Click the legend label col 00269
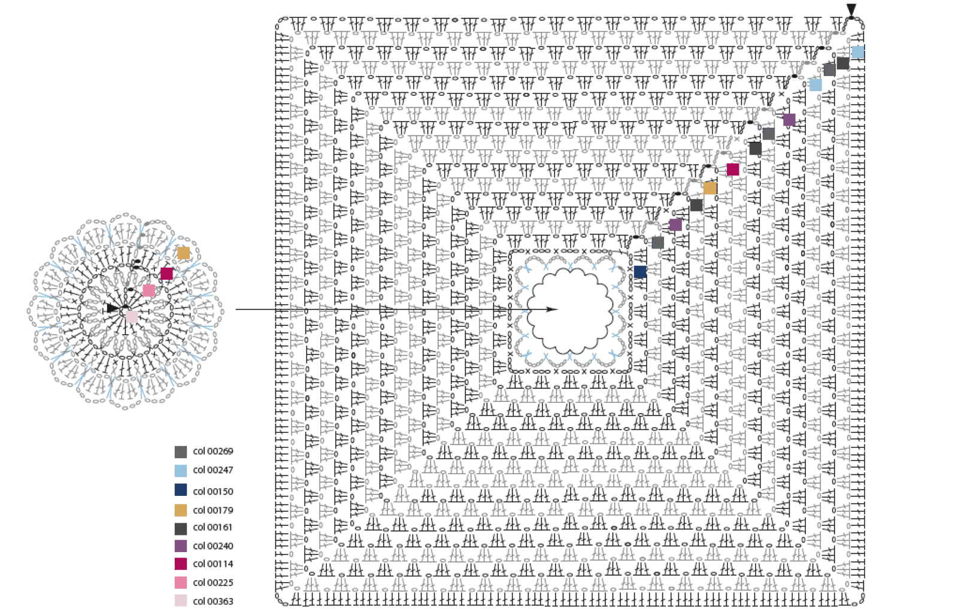[213, 451]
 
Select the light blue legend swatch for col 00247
[180, 471]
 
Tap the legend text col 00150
[213, 492]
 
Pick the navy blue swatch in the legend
[180, 490]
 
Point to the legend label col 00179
[213, 510]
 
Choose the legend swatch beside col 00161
[180, 529]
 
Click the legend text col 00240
[213, 546]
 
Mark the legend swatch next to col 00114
[180, 564]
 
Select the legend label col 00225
[213, 583]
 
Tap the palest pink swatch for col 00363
[180, 601]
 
